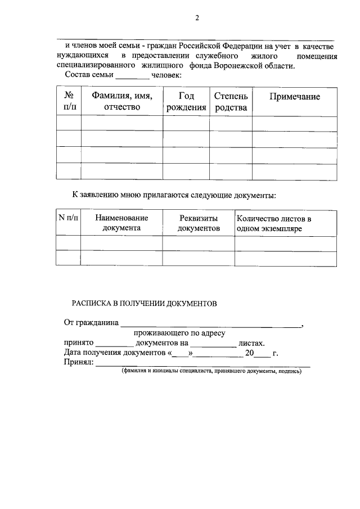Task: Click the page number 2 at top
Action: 197,17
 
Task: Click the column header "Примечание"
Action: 294,97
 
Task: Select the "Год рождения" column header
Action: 186,102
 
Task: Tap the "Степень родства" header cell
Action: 231,102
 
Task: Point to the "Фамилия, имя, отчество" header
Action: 122,102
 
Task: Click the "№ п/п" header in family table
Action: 69,102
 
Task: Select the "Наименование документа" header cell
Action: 121,223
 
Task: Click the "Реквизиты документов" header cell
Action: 198,223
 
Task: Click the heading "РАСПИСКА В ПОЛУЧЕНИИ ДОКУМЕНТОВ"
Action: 144,303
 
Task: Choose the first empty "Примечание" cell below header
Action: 294,123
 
